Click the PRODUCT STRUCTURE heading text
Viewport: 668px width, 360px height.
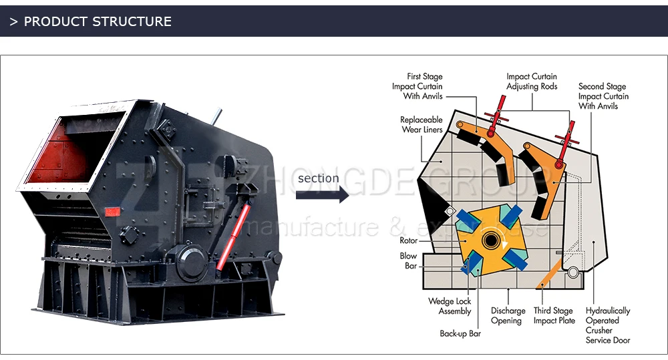coord(98,21)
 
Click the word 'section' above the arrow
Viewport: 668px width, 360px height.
coord(318,178)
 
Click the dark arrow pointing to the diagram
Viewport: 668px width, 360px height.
coord(322,195)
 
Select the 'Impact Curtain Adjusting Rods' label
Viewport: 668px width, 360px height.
coord(531,81)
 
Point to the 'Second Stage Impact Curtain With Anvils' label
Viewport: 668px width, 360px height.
coord(603,96)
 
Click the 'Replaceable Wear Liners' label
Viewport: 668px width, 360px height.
coord(421,125)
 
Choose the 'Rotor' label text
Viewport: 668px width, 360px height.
coord(408,240)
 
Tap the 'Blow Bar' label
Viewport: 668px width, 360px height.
coord(408,261)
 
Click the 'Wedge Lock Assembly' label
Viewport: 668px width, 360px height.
coord(450,307)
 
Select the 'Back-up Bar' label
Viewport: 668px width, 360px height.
coord(460,333)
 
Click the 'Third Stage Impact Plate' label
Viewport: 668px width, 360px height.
coord(554,316)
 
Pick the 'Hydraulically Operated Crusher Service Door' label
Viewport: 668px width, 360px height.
coord(607,325)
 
